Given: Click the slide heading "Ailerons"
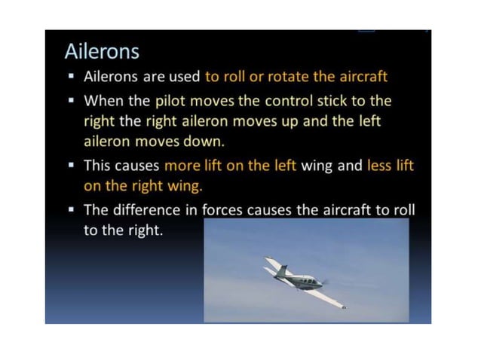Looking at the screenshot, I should click(x=102, y=52).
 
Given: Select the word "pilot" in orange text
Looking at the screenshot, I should click(x=173, y=100).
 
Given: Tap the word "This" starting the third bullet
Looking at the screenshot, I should click(x=97, y=166).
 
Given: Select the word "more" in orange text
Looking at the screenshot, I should click(x=182, y=166).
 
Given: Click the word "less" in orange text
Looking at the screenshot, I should click(x=379, y=166).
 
